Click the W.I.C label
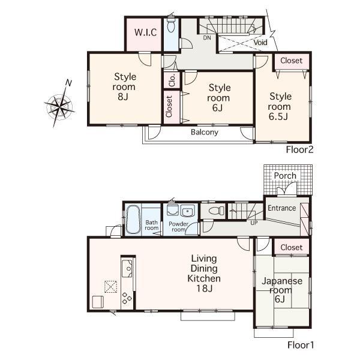pyautogui.click(x=145, y=32)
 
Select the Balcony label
pyautogui.click(x=205, y=133)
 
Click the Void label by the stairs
pyautogui.click(x=260, y=43)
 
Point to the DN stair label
pyautogui.click(x=207, y=38)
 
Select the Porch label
pyautogui.click(x=285, y=176)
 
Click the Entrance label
pyautogui.click(x=281, y=208)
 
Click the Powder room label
pyautogui.click(x=178, y=227)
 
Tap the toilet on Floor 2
pyautogui.click(x=171, y=26)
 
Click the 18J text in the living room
pyautogui.click(x=204, y=289)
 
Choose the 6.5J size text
pyautogui.click(x=280, y=117)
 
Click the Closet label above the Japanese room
pyautogui.click(x=292, y=247)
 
